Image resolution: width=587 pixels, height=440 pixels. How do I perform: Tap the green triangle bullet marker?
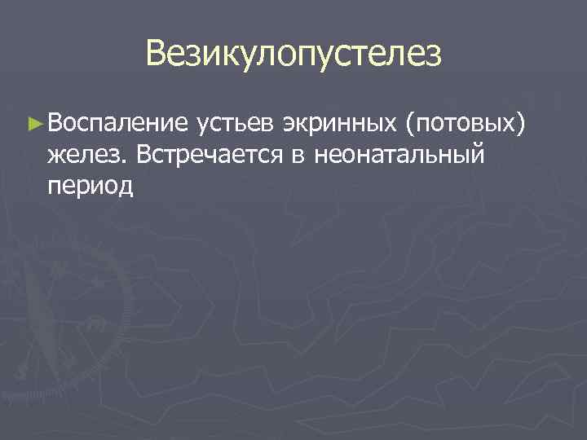[x=33, y=124]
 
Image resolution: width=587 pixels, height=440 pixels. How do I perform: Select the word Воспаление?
[x=117, y=124]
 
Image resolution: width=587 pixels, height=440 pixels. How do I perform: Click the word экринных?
[x=341, y=125]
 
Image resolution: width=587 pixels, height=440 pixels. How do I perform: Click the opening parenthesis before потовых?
[x=409, y=125]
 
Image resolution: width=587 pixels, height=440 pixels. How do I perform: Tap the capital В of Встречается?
[x=145, y=152]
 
